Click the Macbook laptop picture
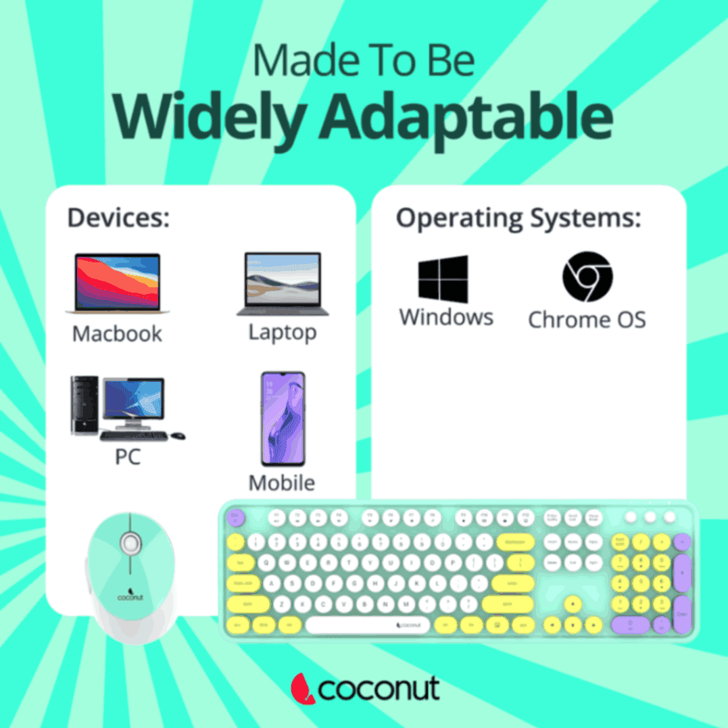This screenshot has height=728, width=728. point(117,283)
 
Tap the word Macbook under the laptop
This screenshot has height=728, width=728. point(117,334)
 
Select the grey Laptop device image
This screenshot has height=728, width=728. point(283,284)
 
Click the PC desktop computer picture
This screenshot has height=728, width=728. point(125,408)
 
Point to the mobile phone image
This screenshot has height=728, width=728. point(283,419)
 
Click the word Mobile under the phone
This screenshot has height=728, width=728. point(282,483)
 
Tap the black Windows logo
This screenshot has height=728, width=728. point(443,278)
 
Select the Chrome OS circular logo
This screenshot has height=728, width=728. point(587,277)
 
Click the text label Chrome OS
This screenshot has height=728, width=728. point(587,319)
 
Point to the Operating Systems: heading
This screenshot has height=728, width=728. point(518,218)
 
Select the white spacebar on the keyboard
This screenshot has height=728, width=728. point(368,625)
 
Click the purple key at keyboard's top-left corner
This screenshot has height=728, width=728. point(236,518)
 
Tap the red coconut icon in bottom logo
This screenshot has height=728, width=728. point(302,688)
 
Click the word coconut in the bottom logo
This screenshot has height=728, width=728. point(379,689)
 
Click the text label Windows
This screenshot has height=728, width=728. point(446,317)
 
